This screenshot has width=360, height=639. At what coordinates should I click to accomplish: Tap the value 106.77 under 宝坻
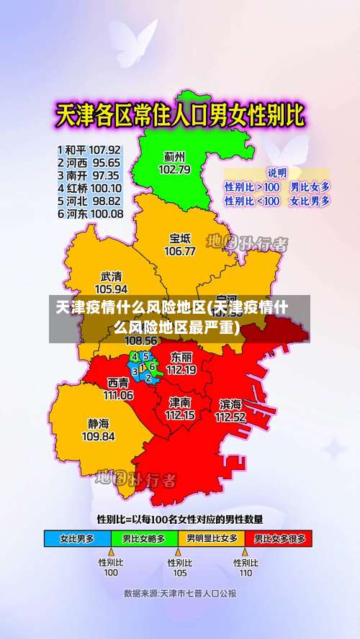coord(180,252)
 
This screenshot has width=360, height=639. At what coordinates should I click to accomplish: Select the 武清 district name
coord(111,276)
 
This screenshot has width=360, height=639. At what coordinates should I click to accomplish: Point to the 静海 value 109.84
coord(99,436)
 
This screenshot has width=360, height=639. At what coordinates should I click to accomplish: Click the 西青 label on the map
coord(118,383)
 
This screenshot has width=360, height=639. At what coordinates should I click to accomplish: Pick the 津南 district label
coord(180,402)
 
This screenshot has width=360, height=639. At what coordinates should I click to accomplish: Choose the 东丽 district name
coord(181,357)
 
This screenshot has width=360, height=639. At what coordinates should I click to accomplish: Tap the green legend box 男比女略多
coord(143,538)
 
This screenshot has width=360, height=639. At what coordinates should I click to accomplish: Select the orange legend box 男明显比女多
coord(212,538)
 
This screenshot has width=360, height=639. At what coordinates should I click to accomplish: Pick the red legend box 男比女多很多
coord(279,538)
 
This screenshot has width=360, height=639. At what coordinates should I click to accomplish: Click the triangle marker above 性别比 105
coord(179,553)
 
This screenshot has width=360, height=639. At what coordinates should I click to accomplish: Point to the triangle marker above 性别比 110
coord(246,553)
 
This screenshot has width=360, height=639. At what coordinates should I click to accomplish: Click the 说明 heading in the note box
coord(276,173)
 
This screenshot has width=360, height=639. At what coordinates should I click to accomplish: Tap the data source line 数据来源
coord(179,594)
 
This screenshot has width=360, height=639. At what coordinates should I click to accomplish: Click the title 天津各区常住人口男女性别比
coord(180,115)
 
